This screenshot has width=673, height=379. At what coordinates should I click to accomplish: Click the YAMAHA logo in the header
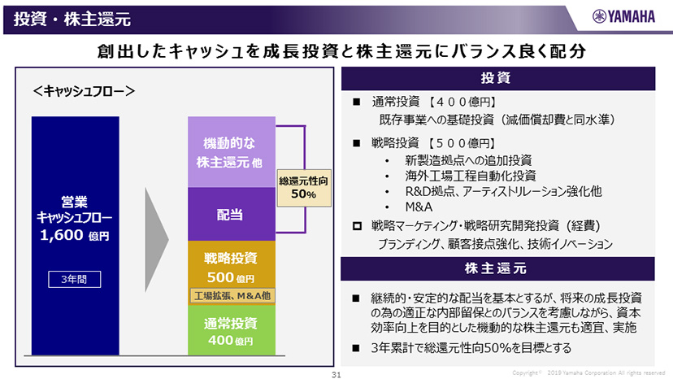tap(622, 16)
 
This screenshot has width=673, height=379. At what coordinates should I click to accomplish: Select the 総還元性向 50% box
tap(302, 189)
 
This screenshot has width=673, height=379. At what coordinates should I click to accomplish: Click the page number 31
tap(336, 373)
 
